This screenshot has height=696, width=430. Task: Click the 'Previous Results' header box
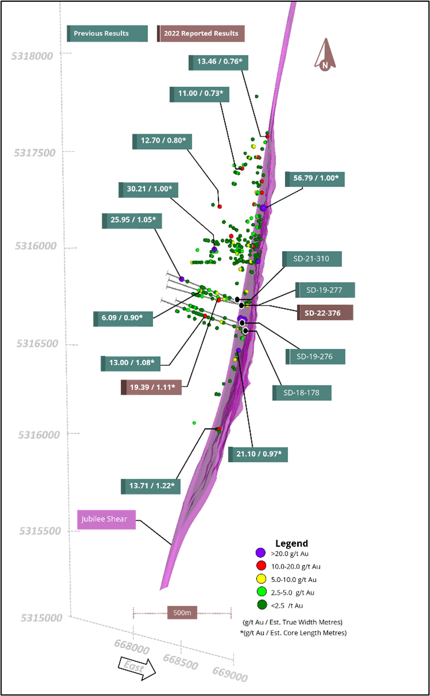[x=108, y=34]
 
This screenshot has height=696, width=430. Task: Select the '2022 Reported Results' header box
[x=201, y=34]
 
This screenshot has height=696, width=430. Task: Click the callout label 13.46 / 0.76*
[x=218, y=62]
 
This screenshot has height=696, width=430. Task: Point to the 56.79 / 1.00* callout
[x=315, y=179]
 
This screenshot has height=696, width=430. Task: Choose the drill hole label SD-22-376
[x=325, y=312]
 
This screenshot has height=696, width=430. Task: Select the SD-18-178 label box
[x=302, y=393]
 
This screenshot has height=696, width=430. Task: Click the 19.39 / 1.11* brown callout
[x=151, y=387]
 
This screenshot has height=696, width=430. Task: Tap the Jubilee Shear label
[x=106, y=519]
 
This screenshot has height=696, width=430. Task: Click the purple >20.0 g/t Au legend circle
[x=261, y=553]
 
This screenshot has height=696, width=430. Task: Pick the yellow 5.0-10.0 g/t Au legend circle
[x=261, y=579]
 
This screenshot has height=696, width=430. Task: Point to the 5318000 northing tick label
[x=32, y=56]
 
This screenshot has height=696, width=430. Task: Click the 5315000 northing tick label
[x=42, y=618]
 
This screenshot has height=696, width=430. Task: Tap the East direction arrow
[x=137, y=668]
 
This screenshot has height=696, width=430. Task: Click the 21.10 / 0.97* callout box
[x=258, y=455]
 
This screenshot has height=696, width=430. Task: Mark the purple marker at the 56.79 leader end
[x=264, y=208]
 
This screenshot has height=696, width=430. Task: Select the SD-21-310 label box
[x=312, y=259]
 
